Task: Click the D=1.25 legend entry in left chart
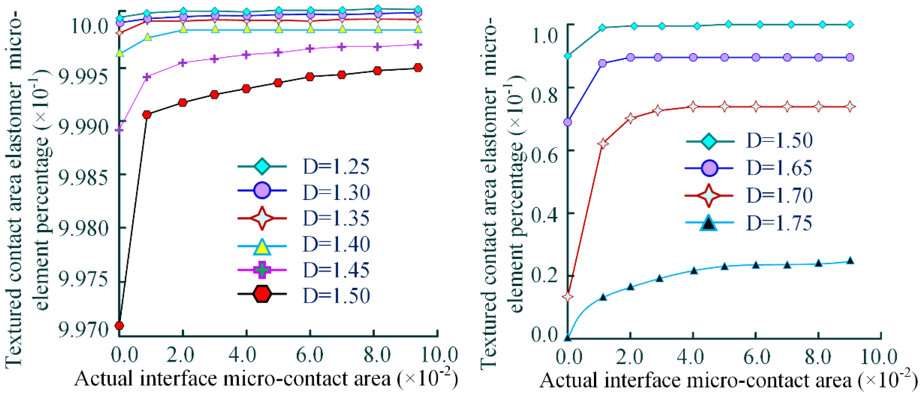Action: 336,166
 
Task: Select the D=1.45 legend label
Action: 336,270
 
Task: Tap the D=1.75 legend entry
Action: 779,223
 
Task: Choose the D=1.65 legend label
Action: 779,168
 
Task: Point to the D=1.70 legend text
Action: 779,195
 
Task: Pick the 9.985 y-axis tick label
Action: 83,177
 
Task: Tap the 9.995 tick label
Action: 83,76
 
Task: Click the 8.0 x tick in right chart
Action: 818,357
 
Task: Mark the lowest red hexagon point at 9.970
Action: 120,325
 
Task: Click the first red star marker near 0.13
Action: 568,297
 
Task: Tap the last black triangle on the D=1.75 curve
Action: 850,261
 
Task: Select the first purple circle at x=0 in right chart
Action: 568,122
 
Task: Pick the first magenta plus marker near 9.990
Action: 120,129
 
